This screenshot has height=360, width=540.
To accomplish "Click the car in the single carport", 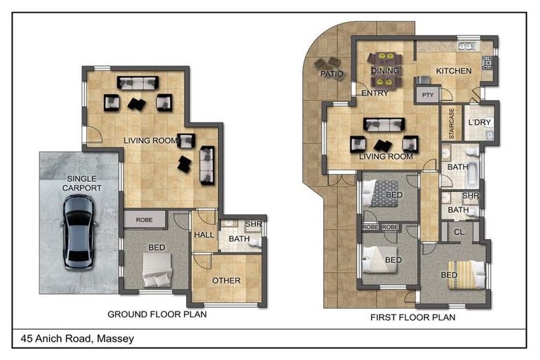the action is (x=79, y=232).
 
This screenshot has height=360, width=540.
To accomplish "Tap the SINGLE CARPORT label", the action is (x=82, y=184).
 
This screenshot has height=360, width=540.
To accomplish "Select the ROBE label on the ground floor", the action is (x=144, y=220).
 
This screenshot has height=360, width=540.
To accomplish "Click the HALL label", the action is (x=204, y=235).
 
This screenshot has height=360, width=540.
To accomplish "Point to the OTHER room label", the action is (x=226, y=281).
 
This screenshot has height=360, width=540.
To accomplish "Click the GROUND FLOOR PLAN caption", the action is (x=157, y=314).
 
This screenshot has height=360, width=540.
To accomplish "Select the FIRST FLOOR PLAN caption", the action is (x=413, y=317).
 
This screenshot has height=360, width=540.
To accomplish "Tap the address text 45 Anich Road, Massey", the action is (x=77, y=339).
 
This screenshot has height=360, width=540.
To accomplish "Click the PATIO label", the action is (x=332, y=74).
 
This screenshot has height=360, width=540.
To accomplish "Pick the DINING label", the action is (x=385, y=70).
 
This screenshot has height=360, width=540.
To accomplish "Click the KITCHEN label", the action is (x=454, y=71).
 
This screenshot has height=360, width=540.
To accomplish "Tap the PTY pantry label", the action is (x=427, y=95).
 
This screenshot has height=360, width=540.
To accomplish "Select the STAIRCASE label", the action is (x=451, y=124).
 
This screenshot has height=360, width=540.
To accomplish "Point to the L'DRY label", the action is (x=480, y=122).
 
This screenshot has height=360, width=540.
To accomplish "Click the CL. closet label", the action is (x=460, y=232).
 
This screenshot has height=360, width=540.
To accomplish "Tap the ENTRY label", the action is (x=375, y=93).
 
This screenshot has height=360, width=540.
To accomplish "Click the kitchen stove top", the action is (x=487, y=63).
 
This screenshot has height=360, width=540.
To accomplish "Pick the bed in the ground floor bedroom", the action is (x=157, y=270).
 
